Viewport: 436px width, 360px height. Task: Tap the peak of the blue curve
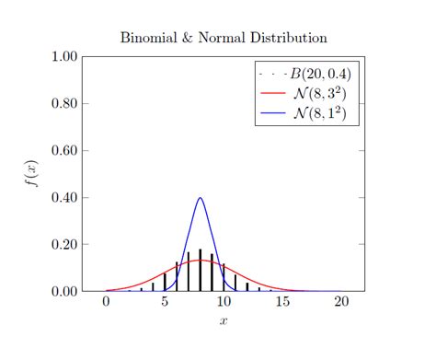click(x=200, y=197)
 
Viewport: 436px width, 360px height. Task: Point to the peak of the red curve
click(x=200, y=261)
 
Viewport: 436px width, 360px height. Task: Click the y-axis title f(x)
click(x=32, y=174)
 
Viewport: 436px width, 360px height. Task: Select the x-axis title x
click(x=224, y=321)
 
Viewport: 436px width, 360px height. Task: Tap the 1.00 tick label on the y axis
click(x=63, y=56)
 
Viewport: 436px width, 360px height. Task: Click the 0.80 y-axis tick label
click(x=63, y=103)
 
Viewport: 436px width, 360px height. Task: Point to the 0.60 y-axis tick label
click(x=63, y=150)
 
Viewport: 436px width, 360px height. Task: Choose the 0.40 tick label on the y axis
click(x=63, y=197)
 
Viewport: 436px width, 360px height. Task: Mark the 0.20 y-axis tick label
click(x=63, y=245)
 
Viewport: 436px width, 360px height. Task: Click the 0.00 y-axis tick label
click(x=63, y=292)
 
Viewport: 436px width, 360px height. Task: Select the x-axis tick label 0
click(x=107, y=303)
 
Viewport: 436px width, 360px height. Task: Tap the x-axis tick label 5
click(x=165, y=303)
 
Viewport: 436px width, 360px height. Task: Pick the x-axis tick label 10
click(x=224, y=303)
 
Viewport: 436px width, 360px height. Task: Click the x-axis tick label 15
click(x=282, y=303)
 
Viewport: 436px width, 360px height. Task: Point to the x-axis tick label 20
click(x=341, y=303)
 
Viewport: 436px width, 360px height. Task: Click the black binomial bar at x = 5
click(x=165, y=283)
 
